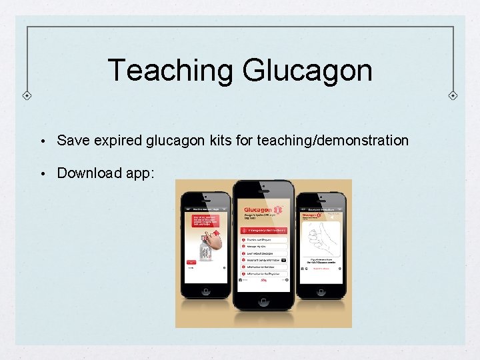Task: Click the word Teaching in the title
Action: (x=169, y=70)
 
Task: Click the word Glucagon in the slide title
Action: (x=307, y=70)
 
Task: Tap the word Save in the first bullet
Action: (x=73, y=141)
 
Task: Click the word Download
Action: (x=88, y=173)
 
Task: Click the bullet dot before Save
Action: (x=42, y=141)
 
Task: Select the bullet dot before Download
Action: (x=42, y=174)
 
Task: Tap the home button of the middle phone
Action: (x=264, y=300)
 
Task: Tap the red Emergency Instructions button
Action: (x=264, y=230)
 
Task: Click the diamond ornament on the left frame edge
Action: (x=26, y=95)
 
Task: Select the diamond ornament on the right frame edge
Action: (x=453, y=95)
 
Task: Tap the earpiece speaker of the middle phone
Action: (x=264, y=189)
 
